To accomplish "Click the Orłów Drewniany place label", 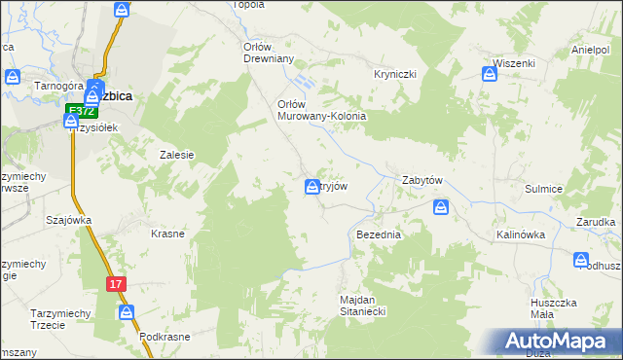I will tap(268, 52).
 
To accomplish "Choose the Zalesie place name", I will tap(177, 155).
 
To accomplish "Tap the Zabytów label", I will tap(422, 181).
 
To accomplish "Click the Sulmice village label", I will tap(544, 190).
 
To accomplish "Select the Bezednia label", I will tap(380, 235).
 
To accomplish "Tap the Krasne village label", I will tap(167, 234).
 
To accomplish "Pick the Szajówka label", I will tap(68, 220).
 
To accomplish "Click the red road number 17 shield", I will tap(117, 283).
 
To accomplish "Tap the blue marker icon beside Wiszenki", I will tap(491, 72).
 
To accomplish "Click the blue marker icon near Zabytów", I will tap(441, 207).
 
